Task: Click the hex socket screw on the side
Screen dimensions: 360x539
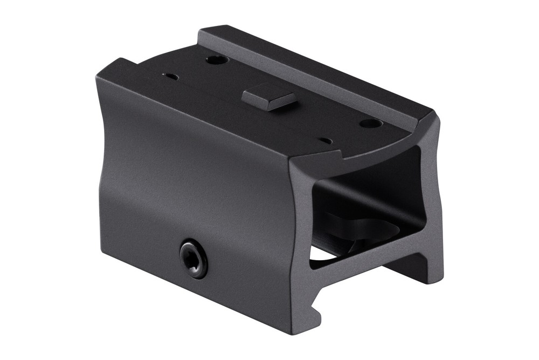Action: tap(192, 260)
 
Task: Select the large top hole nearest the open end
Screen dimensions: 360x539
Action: tap(371, 124)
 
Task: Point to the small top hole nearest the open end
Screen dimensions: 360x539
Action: tap(326, 141)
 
